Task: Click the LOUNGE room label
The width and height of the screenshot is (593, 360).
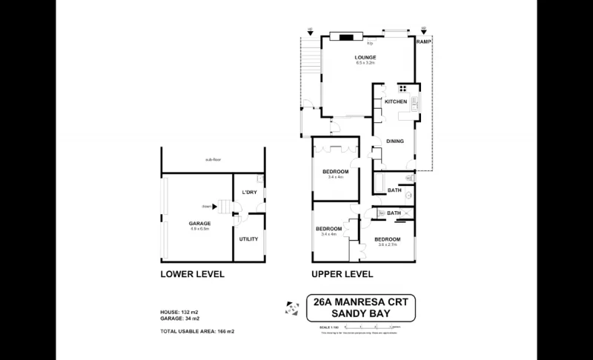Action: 365,57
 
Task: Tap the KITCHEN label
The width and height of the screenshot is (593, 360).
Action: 395,101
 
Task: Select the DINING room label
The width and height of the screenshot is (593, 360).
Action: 394,141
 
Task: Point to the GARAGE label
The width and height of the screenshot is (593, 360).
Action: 199,223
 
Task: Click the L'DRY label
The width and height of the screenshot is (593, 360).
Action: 249,193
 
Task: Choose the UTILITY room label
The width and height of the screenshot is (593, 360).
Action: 248,239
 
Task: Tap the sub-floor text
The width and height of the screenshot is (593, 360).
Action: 215,159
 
